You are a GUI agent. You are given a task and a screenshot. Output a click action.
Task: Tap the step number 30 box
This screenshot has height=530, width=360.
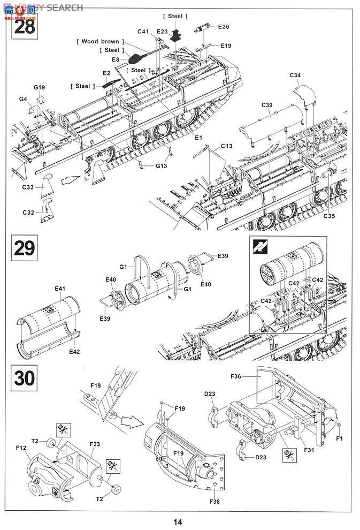(25, 377)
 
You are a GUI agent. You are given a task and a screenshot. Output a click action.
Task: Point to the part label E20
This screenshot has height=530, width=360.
(223, 26)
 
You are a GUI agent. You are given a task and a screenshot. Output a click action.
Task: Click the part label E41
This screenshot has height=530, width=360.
(60, 289)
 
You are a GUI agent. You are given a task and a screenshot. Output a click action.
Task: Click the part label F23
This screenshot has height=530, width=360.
(95, 443)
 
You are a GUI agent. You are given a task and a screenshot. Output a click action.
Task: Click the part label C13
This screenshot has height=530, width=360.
(226, 146)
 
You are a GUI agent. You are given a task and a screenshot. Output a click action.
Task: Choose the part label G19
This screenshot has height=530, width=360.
(39, 87)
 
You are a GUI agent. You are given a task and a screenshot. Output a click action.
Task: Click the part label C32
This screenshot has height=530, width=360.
(28, 213)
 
